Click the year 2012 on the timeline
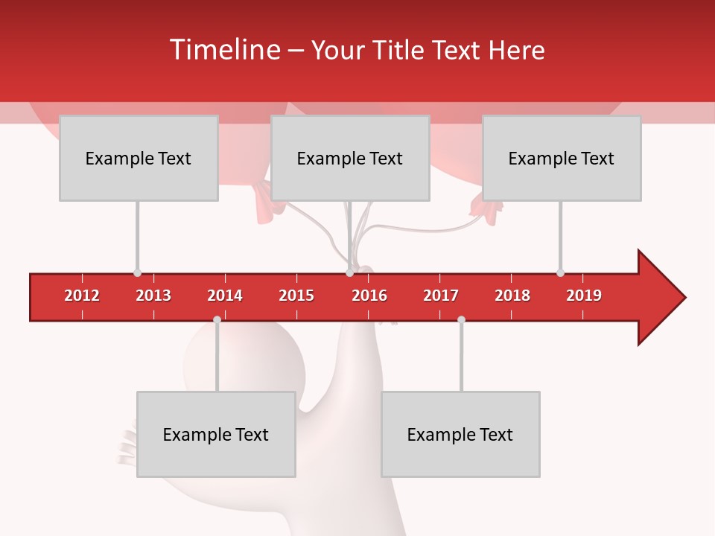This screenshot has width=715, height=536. click(82, 296)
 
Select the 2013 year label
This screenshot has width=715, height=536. click(153, 296)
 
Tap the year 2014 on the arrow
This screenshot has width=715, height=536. click(225, 296)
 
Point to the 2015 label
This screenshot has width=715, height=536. click(296, 296)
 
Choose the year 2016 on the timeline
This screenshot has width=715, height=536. click(369, 296)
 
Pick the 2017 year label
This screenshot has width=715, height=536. click(441, 296)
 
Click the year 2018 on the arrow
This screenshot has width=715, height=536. click(512, 296)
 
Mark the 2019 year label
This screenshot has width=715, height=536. click(584, 296)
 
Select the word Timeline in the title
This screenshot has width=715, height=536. click(223, 50)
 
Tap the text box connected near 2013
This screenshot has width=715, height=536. click(139, 158)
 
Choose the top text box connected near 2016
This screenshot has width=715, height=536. click(350, 158)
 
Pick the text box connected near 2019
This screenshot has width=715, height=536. click(562, 158)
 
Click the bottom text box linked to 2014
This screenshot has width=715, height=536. click(216, 434)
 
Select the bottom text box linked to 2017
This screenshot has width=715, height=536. click(460, 434)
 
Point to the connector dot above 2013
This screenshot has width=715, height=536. click(137, 272)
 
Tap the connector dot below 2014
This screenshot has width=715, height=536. click(217, 319)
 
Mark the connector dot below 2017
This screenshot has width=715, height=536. click(461, 319)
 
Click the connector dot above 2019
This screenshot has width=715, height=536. click(560, 272)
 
